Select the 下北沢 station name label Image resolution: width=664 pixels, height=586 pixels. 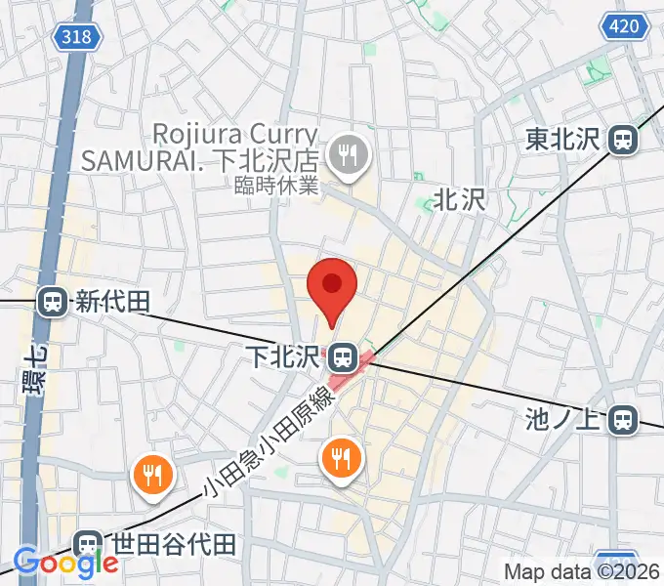click(x=284, y=356)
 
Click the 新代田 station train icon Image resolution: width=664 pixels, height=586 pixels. click(x=54, y=302)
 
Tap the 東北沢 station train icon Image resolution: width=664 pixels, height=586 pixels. click(x=621, y=141)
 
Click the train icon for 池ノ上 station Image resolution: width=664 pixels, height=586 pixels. click(x=620, y=420)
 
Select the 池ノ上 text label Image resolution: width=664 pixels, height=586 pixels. click(x=561, y=420)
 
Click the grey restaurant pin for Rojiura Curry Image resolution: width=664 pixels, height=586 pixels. click(x=346, y=154)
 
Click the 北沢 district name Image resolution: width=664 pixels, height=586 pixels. click(x=459, y=200)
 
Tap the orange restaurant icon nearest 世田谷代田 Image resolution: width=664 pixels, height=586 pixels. click(x=152, y=476)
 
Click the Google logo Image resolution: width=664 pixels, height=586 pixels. click(x=65, y=563)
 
